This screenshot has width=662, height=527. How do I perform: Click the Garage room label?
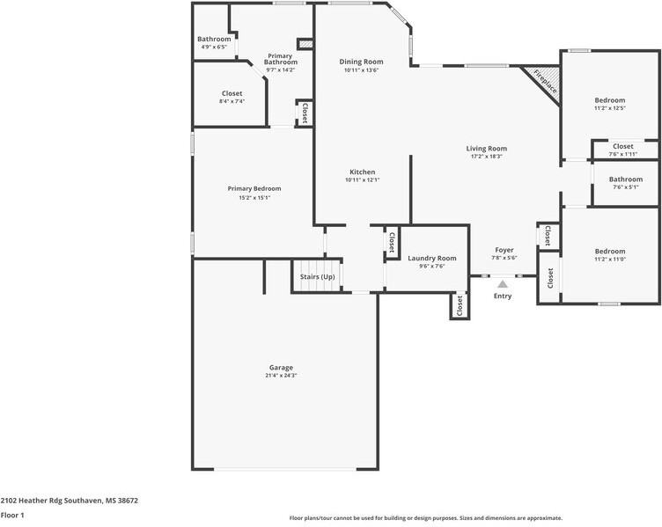(281, 368)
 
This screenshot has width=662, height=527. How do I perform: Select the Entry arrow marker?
(503, 284)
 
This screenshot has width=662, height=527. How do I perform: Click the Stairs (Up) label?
(317, 277)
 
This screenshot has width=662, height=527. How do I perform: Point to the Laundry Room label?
(432, 259)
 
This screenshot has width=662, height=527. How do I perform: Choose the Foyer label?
(504, 250)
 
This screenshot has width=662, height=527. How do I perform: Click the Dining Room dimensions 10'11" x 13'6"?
(361, 70)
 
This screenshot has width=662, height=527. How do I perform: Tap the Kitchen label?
(362, 172)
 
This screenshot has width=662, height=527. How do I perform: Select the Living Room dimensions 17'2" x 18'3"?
(486, 157)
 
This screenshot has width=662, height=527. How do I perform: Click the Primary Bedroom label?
(254, 188)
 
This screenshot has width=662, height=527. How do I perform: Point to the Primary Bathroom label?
(281, 59)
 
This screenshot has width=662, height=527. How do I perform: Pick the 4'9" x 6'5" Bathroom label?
(214, 40)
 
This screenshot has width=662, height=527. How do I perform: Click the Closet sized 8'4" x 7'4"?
(232, 93)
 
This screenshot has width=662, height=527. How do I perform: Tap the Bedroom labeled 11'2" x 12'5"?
(610, 100)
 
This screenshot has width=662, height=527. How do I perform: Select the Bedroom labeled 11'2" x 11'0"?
(610, 251)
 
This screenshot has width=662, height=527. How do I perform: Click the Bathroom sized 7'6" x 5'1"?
(626, 179)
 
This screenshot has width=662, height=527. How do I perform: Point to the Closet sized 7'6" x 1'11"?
(622, 146)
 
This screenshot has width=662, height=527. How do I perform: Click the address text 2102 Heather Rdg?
(34, 501)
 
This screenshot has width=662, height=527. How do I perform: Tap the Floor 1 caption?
(12, 516)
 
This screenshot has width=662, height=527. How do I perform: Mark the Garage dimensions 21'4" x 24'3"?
(281, 376)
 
